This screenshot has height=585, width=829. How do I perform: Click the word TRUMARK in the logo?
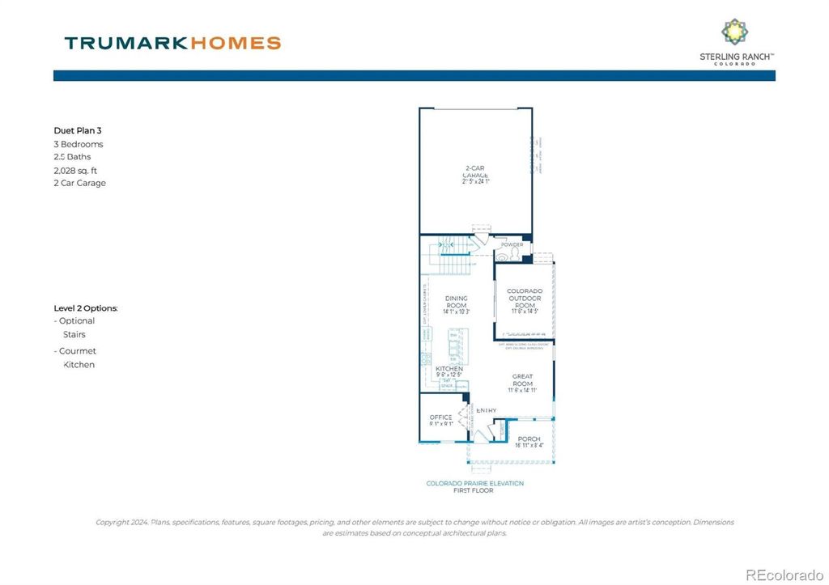tap(127, 43)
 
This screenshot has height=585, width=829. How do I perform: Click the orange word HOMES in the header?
tap(236, 43)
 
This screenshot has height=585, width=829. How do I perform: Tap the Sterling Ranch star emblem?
tap(735, 32)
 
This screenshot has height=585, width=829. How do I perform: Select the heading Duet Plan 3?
tap(78, 129)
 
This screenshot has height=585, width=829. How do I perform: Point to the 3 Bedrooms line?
tap(79, 144)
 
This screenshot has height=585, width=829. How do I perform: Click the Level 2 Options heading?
tap(86, 308)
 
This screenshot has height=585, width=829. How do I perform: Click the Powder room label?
tap(512, 244)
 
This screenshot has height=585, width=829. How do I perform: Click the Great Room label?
tap(522, 383)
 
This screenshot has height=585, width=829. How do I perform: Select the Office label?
tap(441, 420)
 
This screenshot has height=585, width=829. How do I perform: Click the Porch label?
tap(529, 442)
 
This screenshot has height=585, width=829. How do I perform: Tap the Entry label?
tap(486, 411)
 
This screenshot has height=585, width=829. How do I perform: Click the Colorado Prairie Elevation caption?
tap(475, 483)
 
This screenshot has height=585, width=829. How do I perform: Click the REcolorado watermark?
tap(783, 574)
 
